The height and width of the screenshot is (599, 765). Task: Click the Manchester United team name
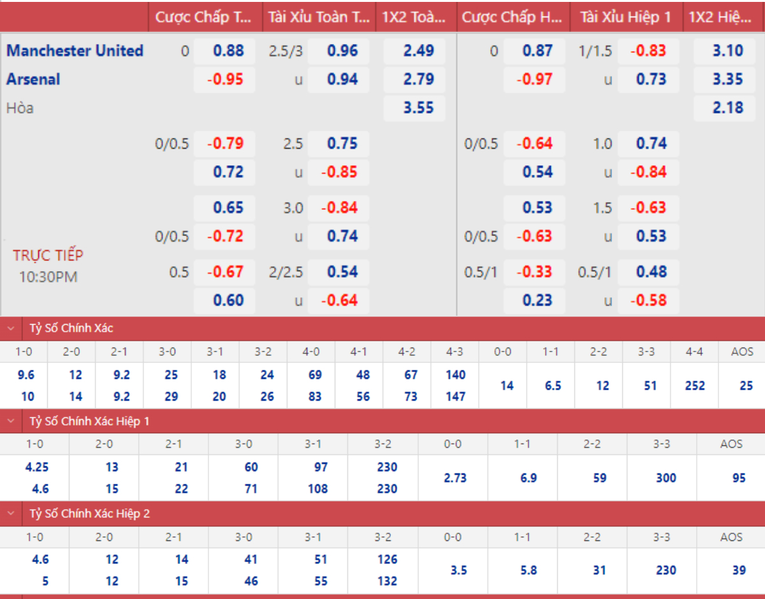click(75, 50)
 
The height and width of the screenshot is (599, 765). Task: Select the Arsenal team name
click(33, 79)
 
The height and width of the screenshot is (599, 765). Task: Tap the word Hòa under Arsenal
click(20, 108)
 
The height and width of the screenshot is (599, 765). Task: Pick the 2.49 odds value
click(418, 50)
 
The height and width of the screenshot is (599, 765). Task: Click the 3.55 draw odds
click(418, 108)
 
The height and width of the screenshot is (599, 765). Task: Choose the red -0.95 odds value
click(225, 80)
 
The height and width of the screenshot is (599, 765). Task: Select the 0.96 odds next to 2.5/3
click(342, 50)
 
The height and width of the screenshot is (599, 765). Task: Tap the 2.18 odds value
click(728, 108)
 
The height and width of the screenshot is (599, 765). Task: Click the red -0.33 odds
click(534, 272)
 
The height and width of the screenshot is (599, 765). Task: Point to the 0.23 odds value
click(537, 300)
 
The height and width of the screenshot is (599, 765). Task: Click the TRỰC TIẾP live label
click(48, 255)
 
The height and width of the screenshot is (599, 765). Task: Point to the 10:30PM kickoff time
click(48, 277)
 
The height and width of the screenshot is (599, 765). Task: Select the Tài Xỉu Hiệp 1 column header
click(625, 17)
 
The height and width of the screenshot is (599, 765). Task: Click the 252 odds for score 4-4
click(695, 385)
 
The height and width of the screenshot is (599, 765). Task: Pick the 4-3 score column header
click(455, 351)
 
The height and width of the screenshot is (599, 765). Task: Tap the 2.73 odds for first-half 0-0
click(455, 478)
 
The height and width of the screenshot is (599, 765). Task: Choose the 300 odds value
click(666, 478)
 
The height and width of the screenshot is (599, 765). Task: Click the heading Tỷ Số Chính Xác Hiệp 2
click(89, 514)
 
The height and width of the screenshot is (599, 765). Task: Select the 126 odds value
click(387, 559)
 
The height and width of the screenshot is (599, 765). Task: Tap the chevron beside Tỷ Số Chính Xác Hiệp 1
click(11, 421)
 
